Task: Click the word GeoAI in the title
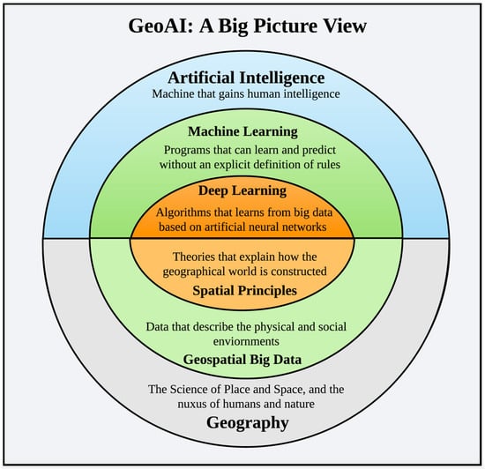tap(160, 26)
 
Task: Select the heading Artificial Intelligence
tap(246, 78)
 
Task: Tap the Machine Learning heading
tap(242, 132)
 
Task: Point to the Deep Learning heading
tap(242, 191)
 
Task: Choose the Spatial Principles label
tap(244, 291)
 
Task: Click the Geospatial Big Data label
tap(242, 360)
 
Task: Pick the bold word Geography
tap(248, 423)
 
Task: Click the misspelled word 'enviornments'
tap(246, 342)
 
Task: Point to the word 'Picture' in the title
tap(284, 26)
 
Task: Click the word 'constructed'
tap(298, 272)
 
